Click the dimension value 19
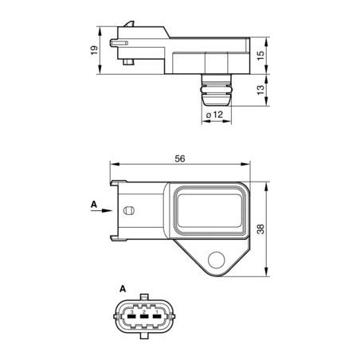pos(94,50)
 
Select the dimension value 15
pos(261,55)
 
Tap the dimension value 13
pos(261,89)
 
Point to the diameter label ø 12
pos(214,115)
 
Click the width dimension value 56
pos(180,158)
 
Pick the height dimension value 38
pos(261,229)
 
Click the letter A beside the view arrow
pos(94,205)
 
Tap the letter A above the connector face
pos(123,288)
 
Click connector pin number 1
pos(157,311)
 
